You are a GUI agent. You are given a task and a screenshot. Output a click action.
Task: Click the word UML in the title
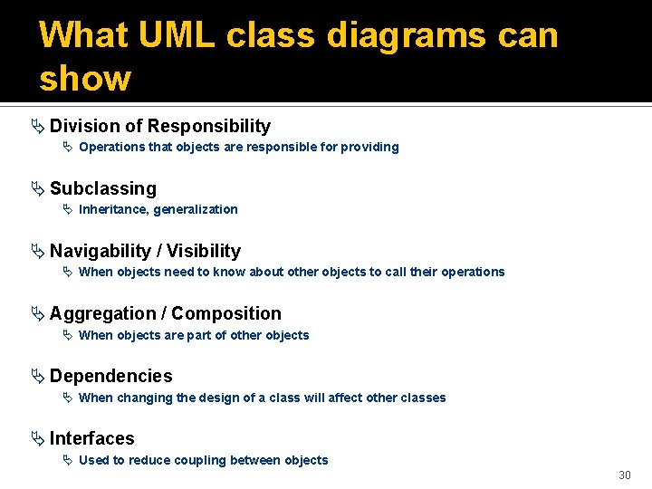coord(177,36)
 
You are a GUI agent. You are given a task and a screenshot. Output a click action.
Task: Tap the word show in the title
coord(85,78)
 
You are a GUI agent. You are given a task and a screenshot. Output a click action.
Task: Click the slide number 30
coord(624,475)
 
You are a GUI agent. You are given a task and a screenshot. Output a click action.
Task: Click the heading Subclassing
coord(102,188)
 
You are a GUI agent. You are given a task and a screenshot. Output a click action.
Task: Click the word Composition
coord(226,313)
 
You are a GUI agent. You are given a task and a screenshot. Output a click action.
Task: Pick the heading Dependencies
coord(110,376)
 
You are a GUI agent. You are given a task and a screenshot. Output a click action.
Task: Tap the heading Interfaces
coord(91,438)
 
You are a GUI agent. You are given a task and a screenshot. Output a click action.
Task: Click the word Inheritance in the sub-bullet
coord(113,209)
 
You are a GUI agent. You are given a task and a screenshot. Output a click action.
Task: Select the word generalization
coord(196,209)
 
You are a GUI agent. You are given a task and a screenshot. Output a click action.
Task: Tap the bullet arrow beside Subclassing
coord(36,188)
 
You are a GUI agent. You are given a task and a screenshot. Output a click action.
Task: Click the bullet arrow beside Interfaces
coord(36,438)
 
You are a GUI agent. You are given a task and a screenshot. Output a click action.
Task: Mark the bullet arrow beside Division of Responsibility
coord(36,126)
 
